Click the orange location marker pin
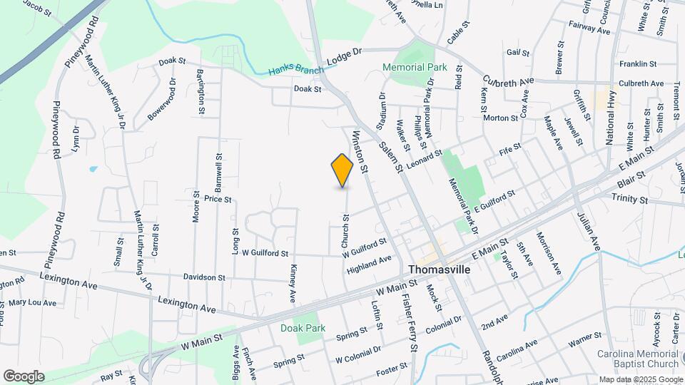[x=342, y=170]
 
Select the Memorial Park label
[x=415, y=67]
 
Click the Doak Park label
[x=303, y=328]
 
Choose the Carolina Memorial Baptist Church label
[x=638, y=359]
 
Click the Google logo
[x=24, y=376]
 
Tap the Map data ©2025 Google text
[x=639, y=379]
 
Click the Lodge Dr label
[x=345, y=56]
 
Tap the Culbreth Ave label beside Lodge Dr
[x=508, y=82]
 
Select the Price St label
[x=218, y=200]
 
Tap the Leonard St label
[x=425, y=155]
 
